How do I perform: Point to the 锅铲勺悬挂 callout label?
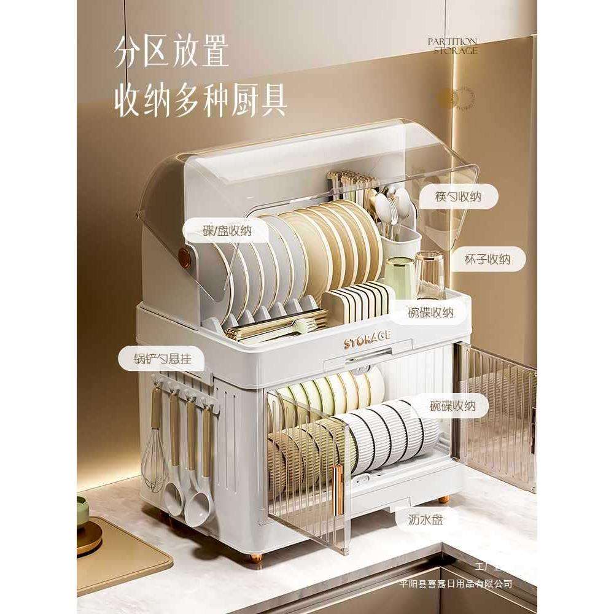[162, 359]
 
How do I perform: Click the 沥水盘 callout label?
[426, 519]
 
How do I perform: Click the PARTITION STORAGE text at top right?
[454, 46]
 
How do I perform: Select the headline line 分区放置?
[172, 54]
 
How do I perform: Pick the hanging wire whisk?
[155, 460]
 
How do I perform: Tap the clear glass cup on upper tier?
[429, 274]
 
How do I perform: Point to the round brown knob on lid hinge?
[182, 257]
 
